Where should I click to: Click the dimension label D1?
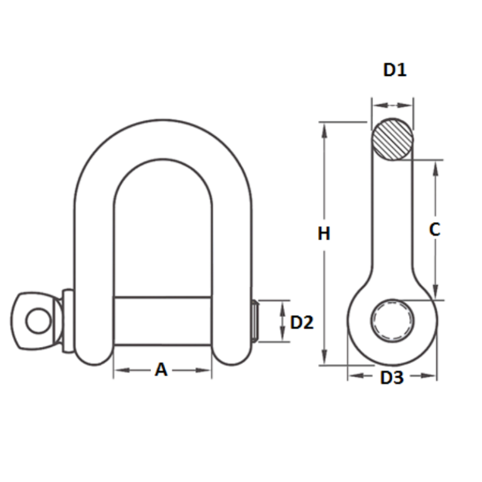pos(395,70)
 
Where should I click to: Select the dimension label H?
pos(324,234)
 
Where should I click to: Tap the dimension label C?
pos(434,230)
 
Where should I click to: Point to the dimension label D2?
pos(301,323)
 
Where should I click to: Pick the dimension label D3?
pos(392,378)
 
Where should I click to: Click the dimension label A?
pos(161,370)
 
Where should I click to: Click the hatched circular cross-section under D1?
pos(392,139)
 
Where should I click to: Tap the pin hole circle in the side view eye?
pos(392,321)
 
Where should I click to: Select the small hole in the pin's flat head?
pos(36,321)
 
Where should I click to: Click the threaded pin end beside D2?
pos(255,321)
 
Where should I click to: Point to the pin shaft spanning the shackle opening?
pos(162,320)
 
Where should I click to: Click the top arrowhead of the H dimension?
pos(324,128)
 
